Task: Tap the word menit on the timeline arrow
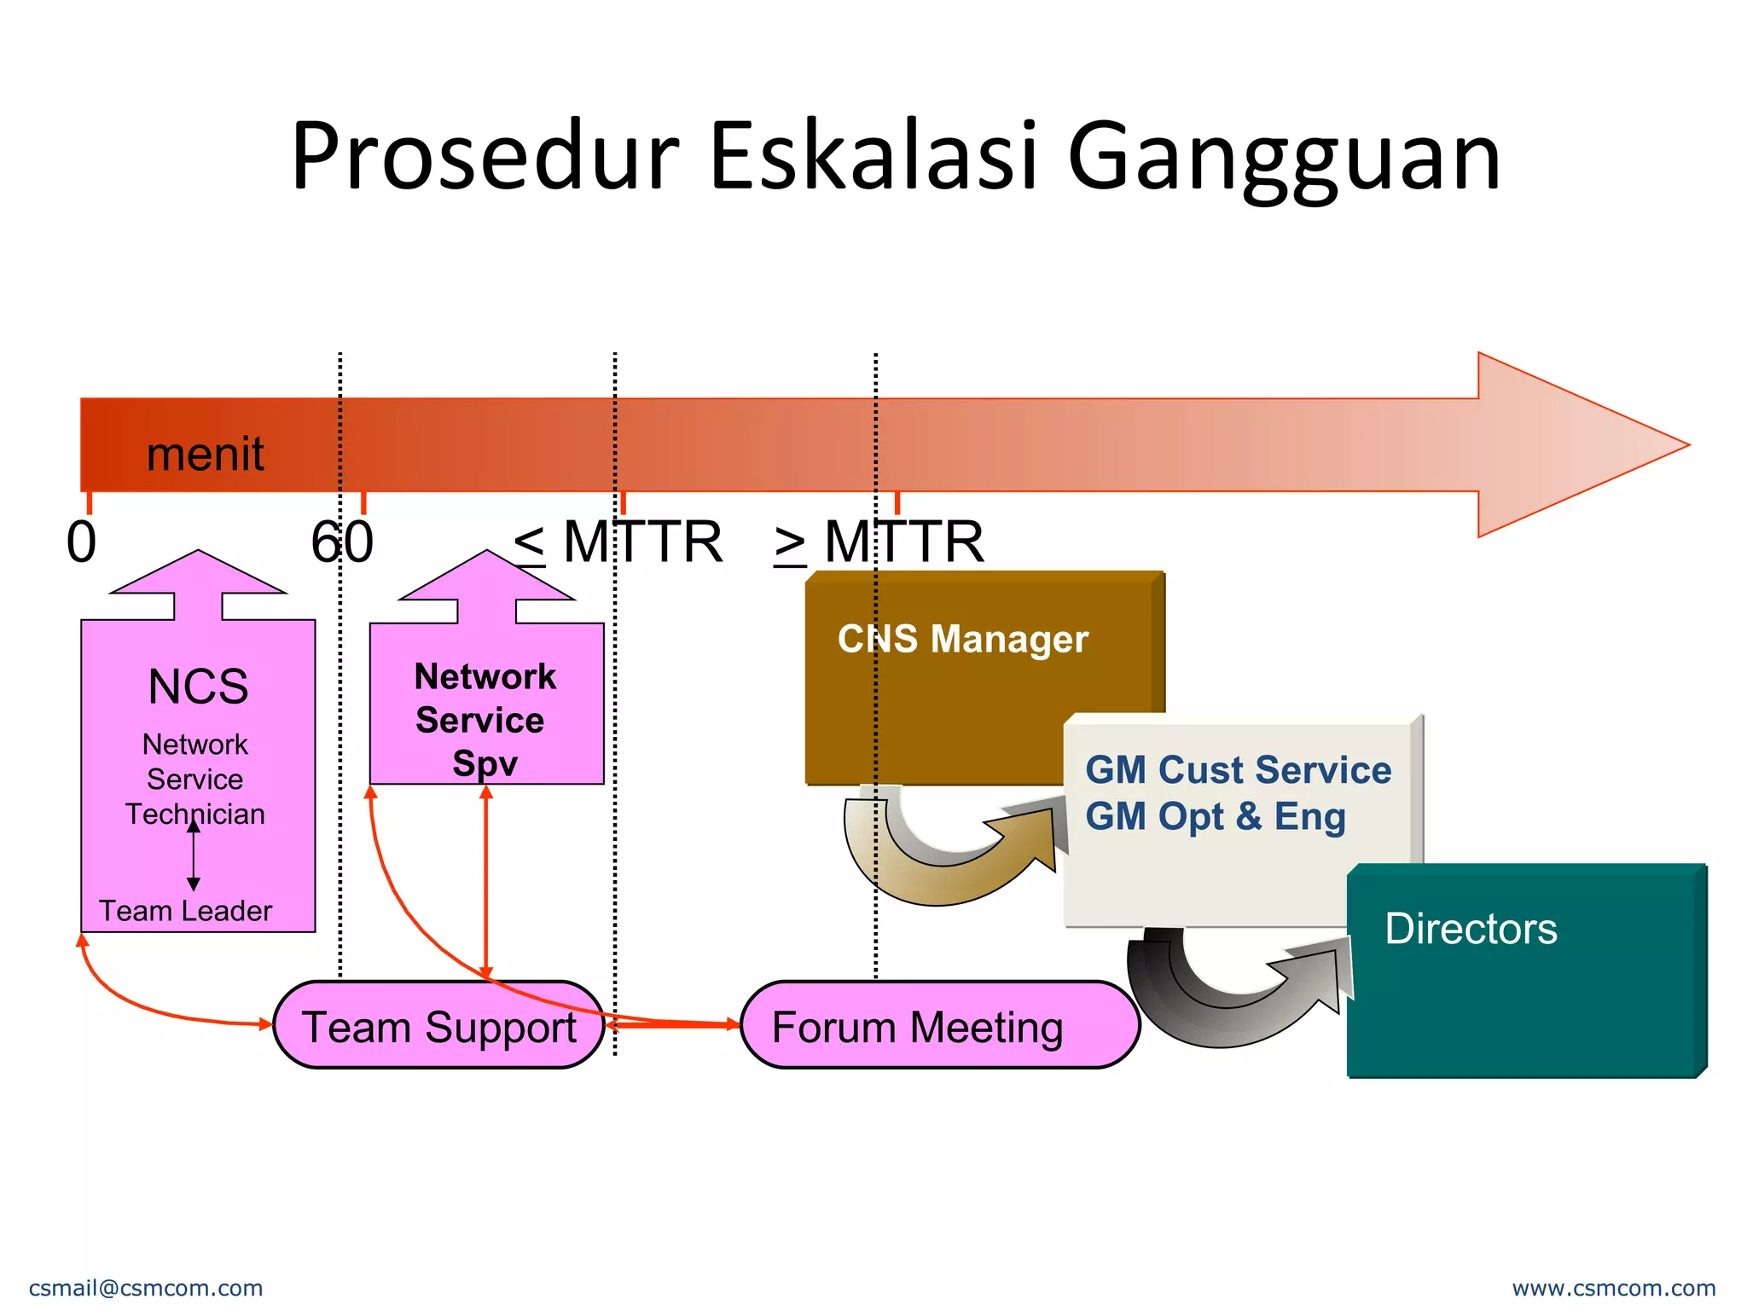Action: [x=205, y=453]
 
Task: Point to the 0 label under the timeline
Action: [x=81, y=542]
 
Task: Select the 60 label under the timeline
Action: [x=342, y=542]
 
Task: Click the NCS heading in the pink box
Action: [x=198, y=687]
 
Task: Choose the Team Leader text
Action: [x=185, y=911]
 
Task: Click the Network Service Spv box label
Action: [x=485, y=719]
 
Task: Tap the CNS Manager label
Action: [x=962, y=639]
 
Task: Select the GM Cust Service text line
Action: [x=1238, y=769]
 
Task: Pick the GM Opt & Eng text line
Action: [x=1215, y=816]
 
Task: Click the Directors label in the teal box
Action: [x=1471, y=928]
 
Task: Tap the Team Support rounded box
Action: [x=438, y=1026]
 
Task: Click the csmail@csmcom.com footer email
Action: [x=146, y=1288]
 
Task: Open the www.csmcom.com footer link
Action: [x=1613, y=1288]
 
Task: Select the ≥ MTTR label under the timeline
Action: [x=879, y=542]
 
